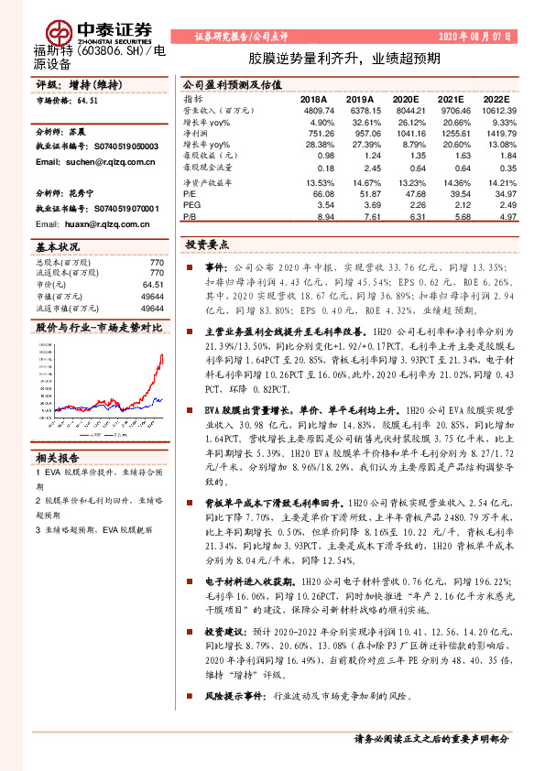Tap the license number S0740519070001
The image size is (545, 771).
pos(125,209)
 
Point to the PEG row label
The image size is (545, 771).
pos(191,206)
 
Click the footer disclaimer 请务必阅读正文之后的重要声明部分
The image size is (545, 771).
pos(431,737)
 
